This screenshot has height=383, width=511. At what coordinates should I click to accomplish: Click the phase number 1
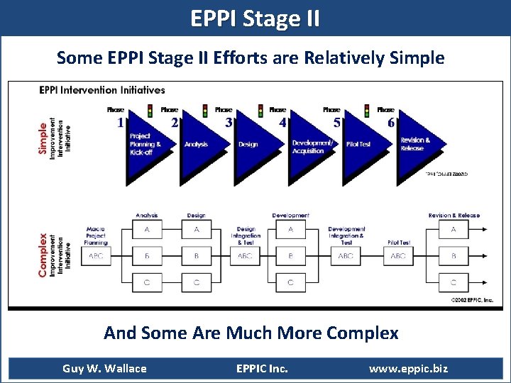point(121,123)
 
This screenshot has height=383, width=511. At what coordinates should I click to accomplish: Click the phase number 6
point(391,123)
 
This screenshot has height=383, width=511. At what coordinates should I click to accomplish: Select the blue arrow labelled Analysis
point(201,145)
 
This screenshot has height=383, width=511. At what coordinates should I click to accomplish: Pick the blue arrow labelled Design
point(253,145)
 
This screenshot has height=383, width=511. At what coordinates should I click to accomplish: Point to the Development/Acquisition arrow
point(310,145)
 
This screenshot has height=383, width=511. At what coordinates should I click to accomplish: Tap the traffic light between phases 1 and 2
point(150,111)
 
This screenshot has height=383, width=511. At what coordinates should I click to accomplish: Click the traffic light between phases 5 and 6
point(367,111)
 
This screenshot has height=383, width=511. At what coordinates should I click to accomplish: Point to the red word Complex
point(43,255)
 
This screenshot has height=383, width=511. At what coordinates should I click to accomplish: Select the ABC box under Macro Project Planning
point(95,256)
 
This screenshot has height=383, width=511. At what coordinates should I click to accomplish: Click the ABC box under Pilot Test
point(398,256)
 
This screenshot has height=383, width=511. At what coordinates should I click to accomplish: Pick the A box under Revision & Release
point(454,230)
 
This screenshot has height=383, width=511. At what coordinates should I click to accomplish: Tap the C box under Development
point(290,282)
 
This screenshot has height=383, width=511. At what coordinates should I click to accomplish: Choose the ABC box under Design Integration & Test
point(245,256)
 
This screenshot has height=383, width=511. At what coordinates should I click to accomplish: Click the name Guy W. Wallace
point(104,368)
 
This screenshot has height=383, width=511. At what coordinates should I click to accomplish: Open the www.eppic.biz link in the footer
point(408,368)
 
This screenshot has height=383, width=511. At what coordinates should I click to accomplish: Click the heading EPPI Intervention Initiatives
point(102,90)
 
